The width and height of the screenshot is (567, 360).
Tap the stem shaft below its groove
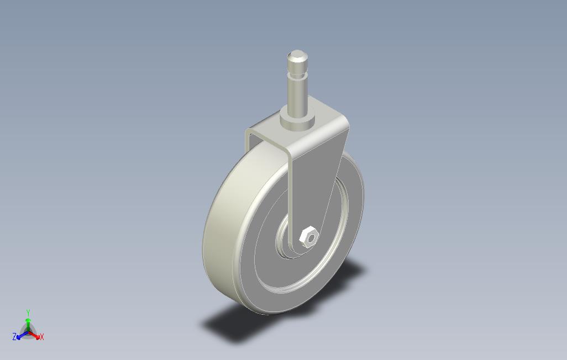pyautogui.click(x=297, y=91)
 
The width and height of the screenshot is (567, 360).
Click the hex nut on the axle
pyautogui.click(x=308, y=237)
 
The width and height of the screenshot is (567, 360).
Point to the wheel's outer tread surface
pyautogui.click(x=218, y=232)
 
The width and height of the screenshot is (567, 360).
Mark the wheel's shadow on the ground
pyautogui.click(x=232, y=326)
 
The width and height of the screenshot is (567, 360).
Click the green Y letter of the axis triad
pyautogui.click(x=28, y=313)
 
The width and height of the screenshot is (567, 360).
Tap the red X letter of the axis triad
pyautogui.click(x=42, y=336)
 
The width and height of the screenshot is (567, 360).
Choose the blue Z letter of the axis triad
pyautogui.click(x=14, y=336)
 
